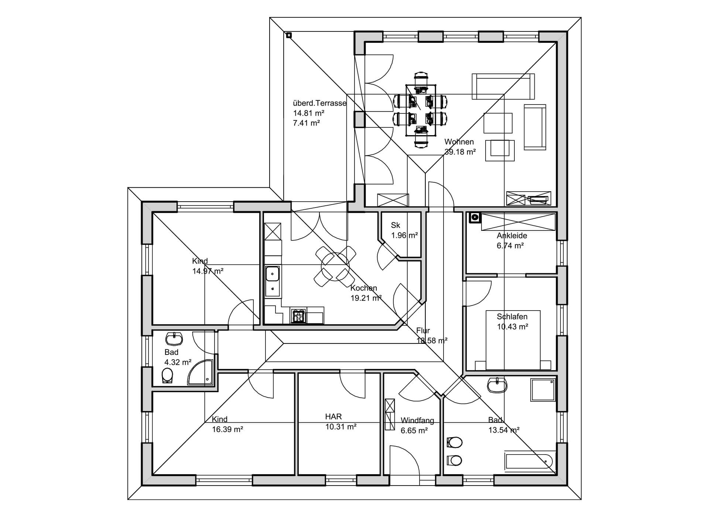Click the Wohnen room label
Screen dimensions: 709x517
point(459,142)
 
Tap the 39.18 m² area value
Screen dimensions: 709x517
point(460,152)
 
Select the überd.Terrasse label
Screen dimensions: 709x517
point(320,103)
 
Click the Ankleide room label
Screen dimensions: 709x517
point(512,236)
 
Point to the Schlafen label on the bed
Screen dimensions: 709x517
point(512,316)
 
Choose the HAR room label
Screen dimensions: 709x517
point(333,417)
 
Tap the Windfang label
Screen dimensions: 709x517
point(417,420)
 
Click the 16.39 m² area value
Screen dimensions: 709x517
point(227,429)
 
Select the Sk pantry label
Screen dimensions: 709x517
point(395,225)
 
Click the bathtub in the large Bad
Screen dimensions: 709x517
point(529,461)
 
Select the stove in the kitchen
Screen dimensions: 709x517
point(298,315)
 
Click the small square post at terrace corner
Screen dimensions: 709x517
point(289,35)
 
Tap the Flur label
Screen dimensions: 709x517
point(423,331)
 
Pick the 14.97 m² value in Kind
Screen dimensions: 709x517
point(208,271)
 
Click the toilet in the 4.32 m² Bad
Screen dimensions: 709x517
point(167,376)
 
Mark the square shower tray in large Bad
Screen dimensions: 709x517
point(543,390)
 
